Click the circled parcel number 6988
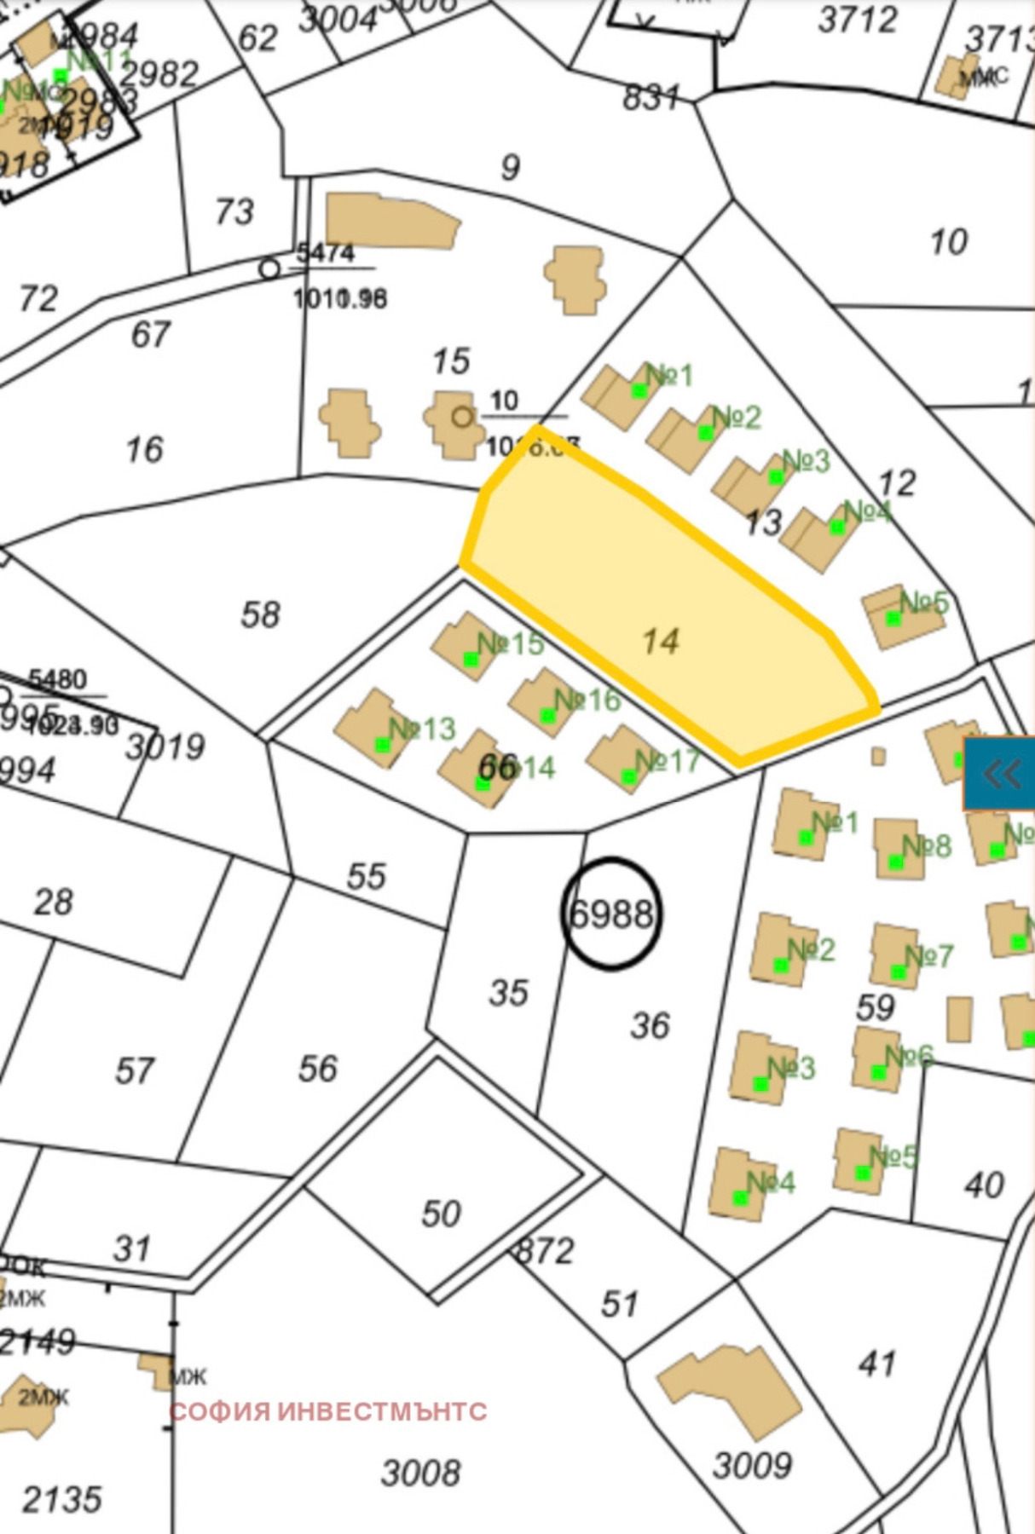coord(611,914)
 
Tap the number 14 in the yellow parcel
coord(661,641)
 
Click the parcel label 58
coord(260,614)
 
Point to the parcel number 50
coord(441,1214)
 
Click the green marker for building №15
coord(471,659)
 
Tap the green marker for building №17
coord(629,776)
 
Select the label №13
coord(422,729)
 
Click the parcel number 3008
coord(420,1472)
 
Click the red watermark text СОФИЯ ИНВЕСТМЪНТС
coord(328,1411)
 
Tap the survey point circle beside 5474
coord(269,269)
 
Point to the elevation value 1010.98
coord(340,299)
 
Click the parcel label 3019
coord(165,747)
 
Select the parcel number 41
coord(877,1364)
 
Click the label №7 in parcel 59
coord(928,956)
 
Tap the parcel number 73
coord(234,211)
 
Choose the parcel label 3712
coord(858,20)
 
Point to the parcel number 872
coord(546,1250)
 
